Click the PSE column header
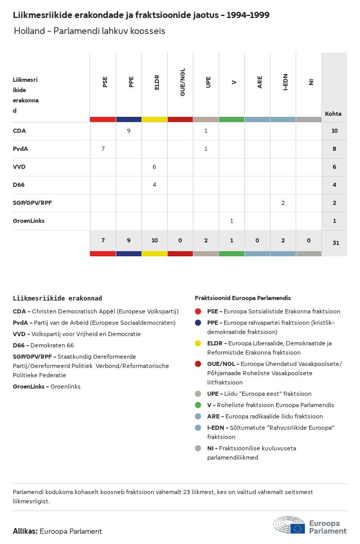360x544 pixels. [105, 82]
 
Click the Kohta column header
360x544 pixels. [333, 114]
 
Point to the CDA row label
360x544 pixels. [20, 131]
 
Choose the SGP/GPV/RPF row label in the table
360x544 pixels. [32, 203]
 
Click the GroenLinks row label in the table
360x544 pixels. [29, 221]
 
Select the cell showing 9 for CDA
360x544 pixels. [129, 131]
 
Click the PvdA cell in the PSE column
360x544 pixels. [103, 149]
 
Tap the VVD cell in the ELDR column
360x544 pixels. [154, 167]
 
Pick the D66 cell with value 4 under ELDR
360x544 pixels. [154, 185]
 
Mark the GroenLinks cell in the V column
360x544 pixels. [231, 221]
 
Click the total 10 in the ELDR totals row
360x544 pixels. [154, 240]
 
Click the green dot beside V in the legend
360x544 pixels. [198, 405]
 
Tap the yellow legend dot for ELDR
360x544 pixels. [198, 343]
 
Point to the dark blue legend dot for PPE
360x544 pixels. [198, 323]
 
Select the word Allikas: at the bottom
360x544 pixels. [25, 531]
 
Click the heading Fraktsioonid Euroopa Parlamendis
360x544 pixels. [243, 298]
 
